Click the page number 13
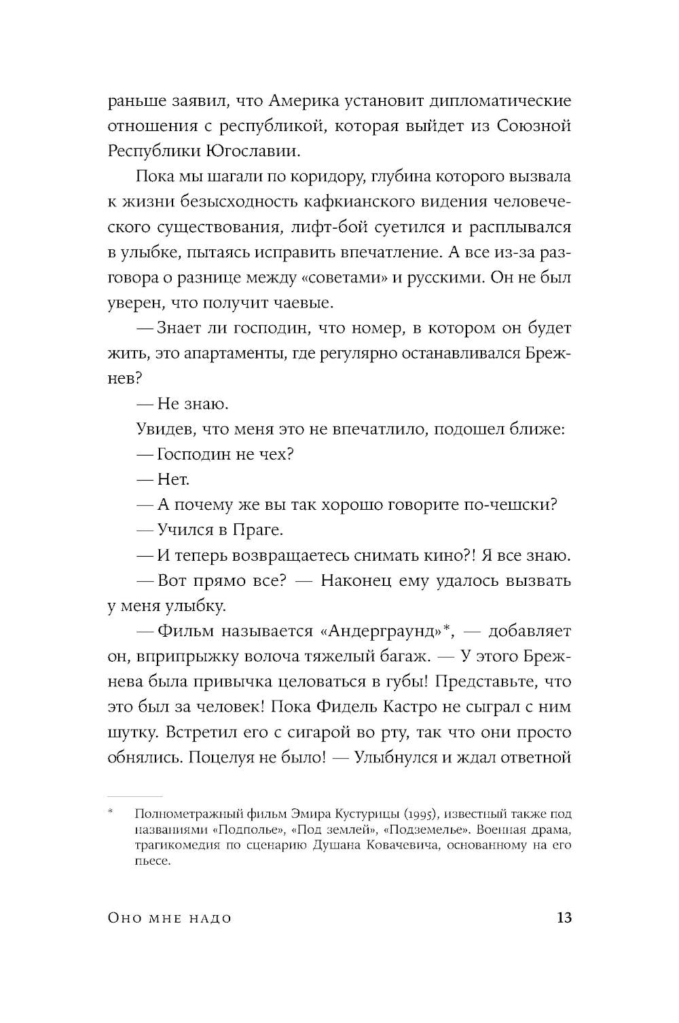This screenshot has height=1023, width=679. pos(564,918)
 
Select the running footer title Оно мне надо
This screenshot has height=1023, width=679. pos(170,918)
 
